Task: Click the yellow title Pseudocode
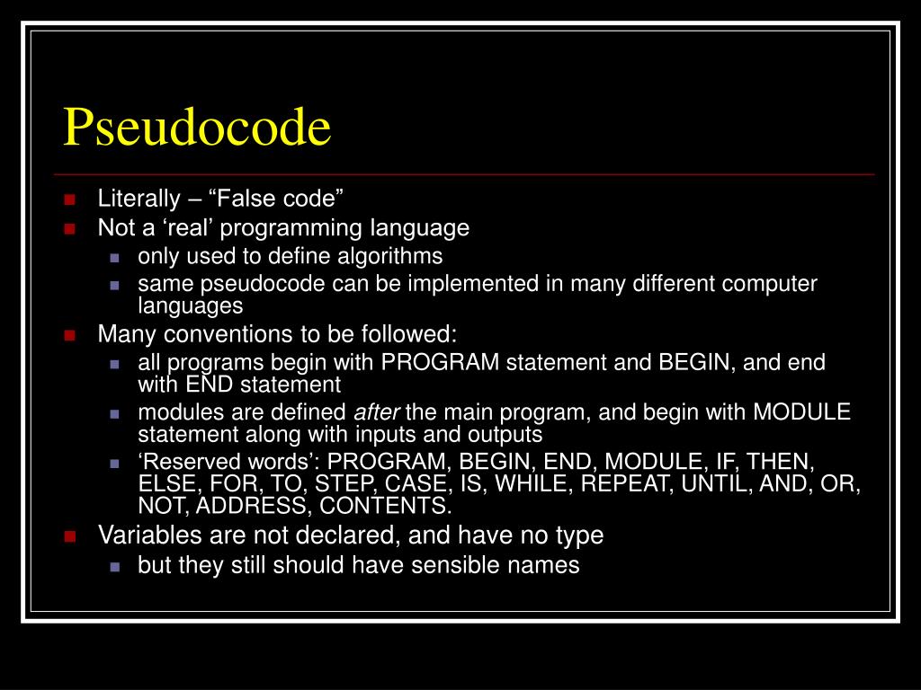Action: click(x=197, y=128)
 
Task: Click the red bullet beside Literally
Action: click(x=68, y=199)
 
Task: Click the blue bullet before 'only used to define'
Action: click(x=114, y=257)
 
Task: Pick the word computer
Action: click(x=773, y=284)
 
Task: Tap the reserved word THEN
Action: click(x=780, y=463)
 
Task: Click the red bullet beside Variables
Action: click(x=68, y=535)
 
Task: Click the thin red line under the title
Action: click(x=463, y=172)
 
